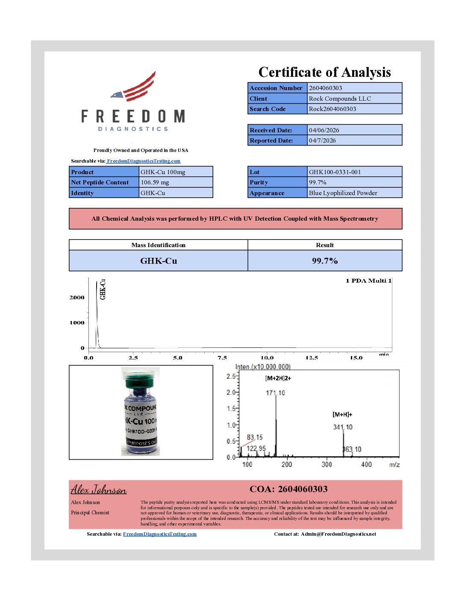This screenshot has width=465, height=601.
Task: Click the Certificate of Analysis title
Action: coord(324,72)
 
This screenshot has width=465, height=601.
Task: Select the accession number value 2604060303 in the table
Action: coord(326,88)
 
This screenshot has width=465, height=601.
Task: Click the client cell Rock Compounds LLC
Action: coord(340,99)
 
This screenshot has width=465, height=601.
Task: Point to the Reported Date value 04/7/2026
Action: coord(322,140)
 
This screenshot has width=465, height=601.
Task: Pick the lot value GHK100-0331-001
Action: coord(335,172)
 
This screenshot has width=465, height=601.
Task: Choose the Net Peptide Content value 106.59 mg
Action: coord(155,182)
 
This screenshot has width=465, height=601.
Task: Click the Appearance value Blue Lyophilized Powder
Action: coord(343,193)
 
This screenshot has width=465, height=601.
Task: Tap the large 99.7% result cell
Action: coord(325,261)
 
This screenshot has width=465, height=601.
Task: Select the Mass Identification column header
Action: coord(158,245)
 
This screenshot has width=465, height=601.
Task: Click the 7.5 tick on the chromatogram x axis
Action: coord(222,358)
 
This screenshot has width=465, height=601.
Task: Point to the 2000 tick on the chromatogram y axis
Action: coord(77,298)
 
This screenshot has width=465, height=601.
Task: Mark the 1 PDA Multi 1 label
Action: coord(368,281)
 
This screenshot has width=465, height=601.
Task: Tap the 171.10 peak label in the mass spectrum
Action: coord(275,393)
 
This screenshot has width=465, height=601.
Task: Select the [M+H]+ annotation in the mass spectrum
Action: coord(342,414)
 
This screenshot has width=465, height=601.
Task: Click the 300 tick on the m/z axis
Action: coord(327,464)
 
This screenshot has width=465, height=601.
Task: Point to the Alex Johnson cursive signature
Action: coord(99,490)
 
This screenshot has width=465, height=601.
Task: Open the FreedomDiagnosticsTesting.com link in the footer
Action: coord(160,534)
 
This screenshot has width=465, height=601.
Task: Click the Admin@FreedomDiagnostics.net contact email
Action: coord(338,534)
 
